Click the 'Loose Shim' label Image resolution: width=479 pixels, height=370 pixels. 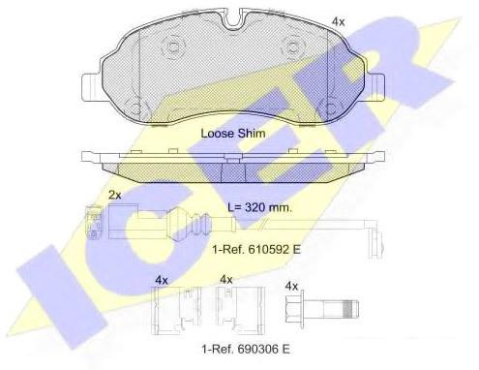click(233, 134)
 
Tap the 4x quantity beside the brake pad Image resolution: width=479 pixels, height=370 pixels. click(339, 22)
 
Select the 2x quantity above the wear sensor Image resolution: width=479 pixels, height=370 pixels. click(114, 195)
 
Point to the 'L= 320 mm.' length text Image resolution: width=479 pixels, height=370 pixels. click(259, 207)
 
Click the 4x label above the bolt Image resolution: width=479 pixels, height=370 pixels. click(291, 286)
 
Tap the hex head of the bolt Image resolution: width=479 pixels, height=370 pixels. click(295, 307)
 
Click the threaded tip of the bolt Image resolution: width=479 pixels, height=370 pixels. click(350, 309)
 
